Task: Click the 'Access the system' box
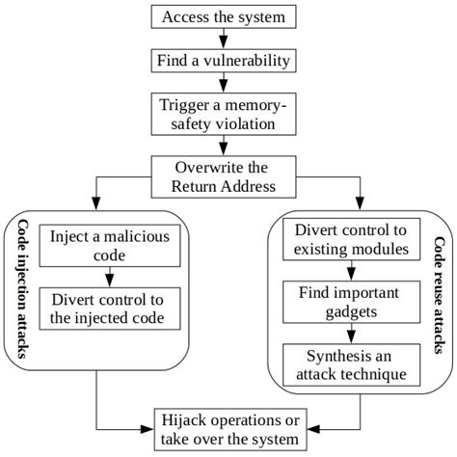tap(224, 17)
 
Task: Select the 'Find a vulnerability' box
tap(224, 61)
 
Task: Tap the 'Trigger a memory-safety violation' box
tap(224, 114)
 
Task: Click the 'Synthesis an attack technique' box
tap(350, 363)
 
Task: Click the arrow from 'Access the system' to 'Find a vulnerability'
tap(224, 39)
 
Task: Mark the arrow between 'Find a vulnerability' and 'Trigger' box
tap(224, 82)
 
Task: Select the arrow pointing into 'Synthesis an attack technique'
tap(350, 333)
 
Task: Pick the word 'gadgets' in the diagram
tap(350, 313)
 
